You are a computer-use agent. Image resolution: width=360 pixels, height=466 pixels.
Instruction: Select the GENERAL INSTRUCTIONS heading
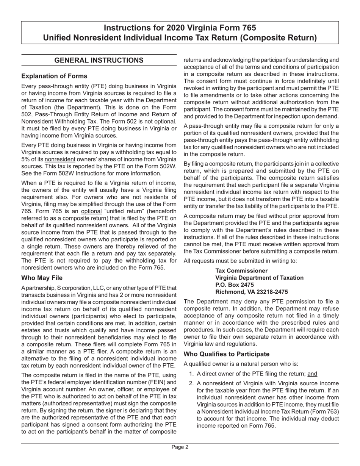(99, 60)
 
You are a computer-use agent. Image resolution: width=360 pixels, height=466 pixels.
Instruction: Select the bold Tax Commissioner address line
(241, 271)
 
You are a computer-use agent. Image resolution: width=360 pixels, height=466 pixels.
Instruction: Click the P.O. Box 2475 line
(235, 285)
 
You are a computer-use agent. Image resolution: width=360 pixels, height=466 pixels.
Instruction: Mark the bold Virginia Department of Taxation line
(259, 278)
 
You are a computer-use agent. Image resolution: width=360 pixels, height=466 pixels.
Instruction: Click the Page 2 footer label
(180, 447)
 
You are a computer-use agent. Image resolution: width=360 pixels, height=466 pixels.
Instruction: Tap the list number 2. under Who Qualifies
(192, 383)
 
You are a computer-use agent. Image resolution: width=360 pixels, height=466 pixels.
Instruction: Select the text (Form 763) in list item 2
(325, 411)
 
